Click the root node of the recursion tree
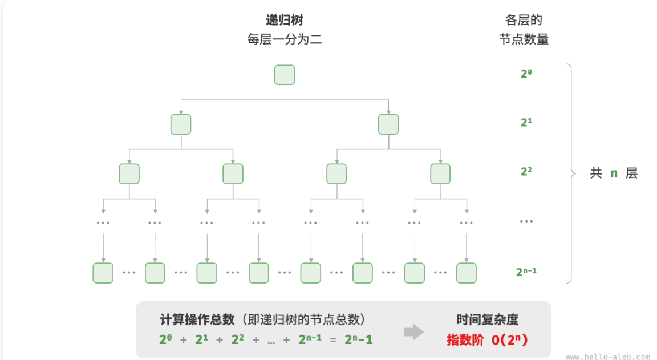[285, 75]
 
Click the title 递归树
[285, 21]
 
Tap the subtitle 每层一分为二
[285, 40]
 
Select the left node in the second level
[181, 124]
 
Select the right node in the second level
[388, 124]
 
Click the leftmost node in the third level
[129, 173]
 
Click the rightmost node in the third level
[440, 173]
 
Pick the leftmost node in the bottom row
[103, 273]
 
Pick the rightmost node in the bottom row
[466, 273]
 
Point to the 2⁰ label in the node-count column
[526, 73]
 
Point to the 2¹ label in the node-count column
[526, 122]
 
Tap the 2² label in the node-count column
[526, 171]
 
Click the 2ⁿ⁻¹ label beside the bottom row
[526, 272]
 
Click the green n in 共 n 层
[614, 173]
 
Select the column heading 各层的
[524, 21]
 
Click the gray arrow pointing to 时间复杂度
[414, 331]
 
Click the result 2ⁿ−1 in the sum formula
[359, 340]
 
